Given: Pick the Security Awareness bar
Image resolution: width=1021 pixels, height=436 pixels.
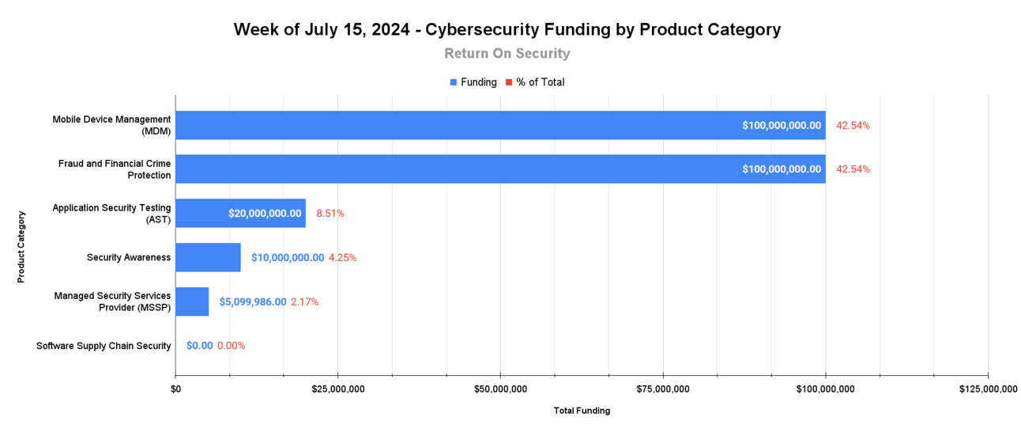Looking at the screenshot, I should click(208, 257).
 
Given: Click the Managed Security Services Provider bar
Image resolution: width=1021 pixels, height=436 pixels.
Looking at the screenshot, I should click(192, 301).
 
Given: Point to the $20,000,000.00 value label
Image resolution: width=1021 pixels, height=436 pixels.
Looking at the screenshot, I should click(265, 214).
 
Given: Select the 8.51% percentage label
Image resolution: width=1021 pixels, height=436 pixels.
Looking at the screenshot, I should click(330, 214).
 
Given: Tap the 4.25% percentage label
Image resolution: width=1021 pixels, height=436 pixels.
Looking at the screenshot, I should click(342, 257).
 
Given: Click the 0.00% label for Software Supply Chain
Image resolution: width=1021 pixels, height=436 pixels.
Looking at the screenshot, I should click(232, 346).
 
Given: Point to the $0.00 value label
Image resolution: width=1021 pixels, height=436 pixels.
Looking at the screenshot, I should click(199, 346).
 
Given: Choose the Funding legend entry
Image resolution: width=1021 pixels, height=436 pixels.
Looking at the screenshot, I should click(473, 82).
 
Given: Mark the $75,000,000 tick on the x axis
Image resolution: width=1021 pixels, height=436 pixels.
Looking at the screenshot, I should click(663, 389).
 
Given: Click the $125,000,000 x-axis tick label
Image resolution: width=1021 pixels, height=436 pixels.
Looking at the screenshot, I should click(988, 389).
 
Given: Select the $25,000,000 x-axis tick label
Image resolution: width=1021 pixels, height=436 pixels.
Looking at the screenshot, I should click(338, 389).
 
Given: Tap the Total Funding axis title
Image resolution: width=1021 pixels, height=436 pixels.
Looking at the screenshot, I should click(582, 411).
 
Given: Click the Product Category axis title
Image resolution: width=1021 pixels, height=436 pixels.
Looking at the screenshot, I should click(21, 246).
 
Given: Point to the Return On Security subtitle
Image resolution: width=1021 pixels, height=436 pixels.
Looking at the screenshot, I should click(507, 54).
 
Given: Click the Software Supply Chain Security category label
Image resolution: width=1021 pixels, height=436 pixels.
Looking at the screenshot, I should click(104, 346).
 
